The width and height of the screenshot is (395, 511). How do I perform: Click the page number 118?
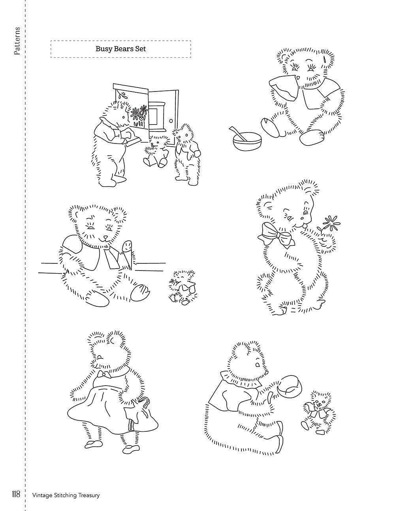coord(16,493)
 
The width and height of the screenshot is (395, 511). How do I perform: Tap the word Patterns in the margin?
coord(17,41)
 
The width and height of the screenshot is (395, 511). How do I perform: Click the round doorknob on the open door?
coord(171,121)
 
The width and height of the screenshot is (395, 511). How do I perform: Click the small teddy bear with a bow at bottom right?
coord(318,417)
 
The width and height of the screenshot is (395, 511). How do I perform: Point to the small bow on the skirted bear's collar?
coord(104,374)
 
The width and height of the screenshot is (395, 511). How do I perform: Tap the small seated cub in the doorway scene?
coord(156,151)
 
